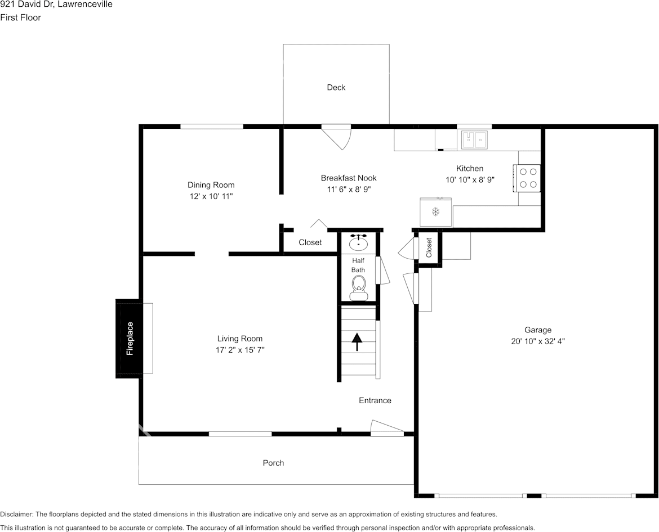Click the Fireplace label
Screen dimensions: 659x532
[130, 339]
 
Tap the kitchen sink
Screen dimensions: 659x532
[474, 140]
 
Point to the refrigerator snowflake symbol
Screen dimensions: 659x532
[436, 211]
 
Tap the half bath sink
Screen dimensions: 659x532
[358, 242]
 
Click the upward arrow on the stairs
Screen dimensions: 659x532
[357, 342]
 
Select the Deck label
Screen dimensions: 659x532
[336, 87]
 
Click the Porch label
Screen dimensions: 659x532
[273, 463]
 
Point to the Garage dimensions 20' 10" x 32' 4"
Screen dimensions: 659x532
[537, 341]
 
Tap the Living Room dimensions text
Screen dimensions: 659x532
[240, 350]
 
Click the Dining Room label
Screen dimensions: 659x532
[211, 184]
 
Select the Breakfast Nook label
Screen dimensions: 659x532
[349, 178]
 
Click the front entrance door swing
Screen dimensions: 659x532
[387, 427]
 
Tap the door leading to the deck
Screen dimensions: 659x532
[337, 136]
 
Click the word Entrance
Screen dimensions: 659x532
[375, 400]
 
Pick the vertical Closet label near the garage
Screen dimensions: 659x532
[429, 247]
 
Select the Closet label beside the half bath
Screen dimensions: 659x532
[310, 242]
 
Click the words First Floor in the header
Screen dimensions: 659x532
[21, 17]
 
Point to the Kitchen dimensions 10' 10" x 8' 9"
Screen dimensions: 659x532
[470, 179]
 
